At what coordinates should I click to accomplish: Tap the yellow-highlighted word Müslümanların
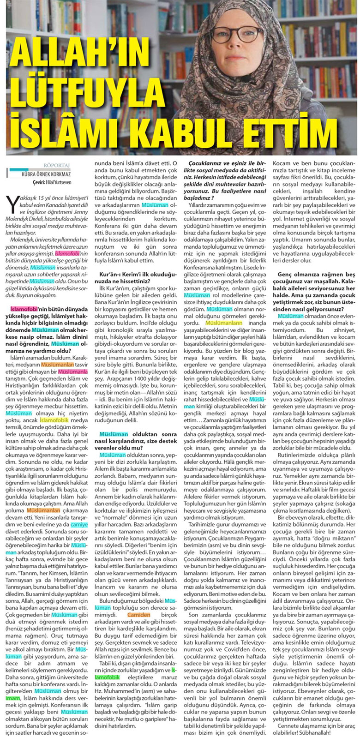coord(223,324)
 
